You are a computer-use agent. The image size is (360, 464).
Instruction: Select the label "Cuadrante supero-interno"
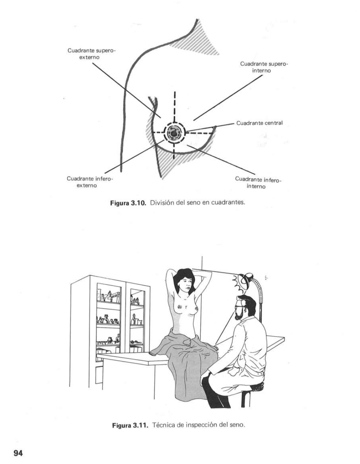point(264,67)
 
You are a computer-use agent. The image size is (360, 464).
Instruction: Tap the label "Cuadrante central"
point(259,123)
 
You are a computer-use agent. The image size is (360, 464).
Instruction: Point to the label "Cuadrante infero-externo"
point(89,182)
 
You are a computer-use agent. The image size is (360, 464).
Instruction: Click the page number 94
point(18,453)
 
